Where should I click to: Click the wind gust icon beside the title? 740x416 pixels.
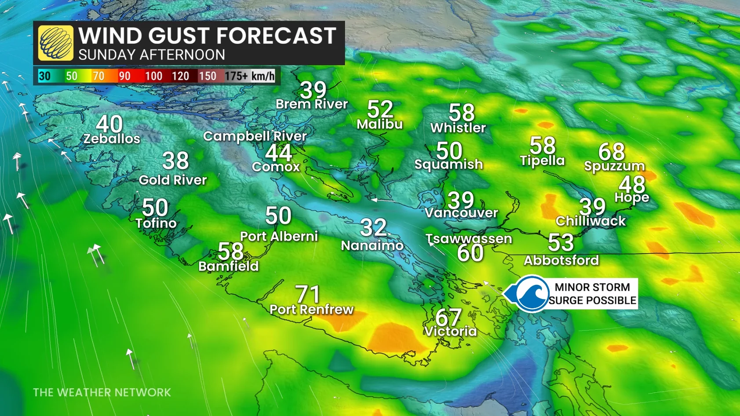tap(55, 43)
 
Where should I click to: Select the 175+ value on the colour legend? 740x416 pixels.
tap(237, 76)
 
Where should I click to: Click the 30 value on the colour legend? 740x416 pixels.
tap(44, 76)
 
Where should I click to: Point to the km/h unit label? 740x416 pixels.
tap(263, 76)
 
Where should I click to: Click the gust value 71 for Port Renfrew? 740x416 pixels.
tap(308, 294)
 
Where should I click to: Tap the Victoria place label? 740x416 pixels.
tap(450, 331)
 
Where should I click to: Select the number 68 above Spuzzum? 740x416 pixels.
tap(611, 152)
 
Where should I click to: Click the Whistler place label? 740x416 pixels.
tap(458, 128)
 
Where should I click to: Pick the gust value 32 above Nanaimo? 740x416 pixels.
tap(373, 228)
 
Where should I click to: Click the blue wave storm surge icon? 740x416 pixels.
tap(531, 294)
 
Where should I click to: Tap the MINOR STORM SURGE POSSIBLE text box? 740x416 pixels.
tap(592, 294)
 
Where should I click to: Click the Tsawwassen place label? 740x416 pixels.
tap(469, 239)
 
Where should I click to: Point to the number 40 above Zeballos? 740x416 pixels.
tap(109, 124)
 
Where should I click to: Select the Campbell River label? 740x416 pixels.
tap(255, 136)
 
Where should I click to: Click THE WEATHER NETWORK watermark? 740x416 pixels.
tap(102, 392)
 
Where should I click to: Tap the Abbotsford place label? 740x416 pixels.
tap(561, 260)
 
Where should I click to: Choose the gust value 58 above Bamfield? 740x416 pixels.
tap(230, 252)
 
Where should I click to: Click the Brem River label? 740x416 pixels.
tap(312, 104)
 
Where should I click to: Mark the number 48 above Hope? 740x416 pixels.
tap(632, 184)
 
